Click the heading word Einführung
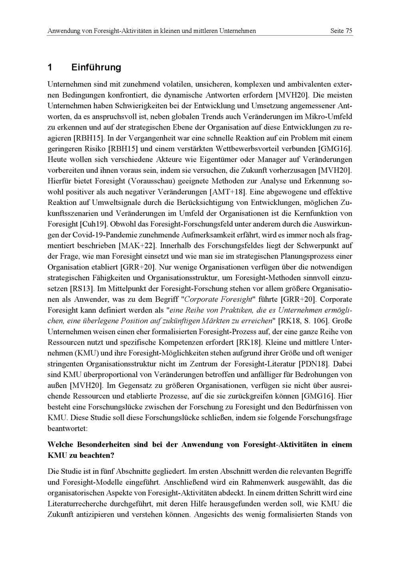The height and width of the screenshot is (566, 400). point(96,67)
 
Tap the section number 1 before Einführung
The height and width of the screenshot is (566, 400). point(50,67)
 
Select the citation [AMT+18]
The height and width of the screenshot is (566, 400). point(228,192)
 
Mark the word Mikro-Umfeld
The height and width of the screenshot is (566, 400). point(328,116)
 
